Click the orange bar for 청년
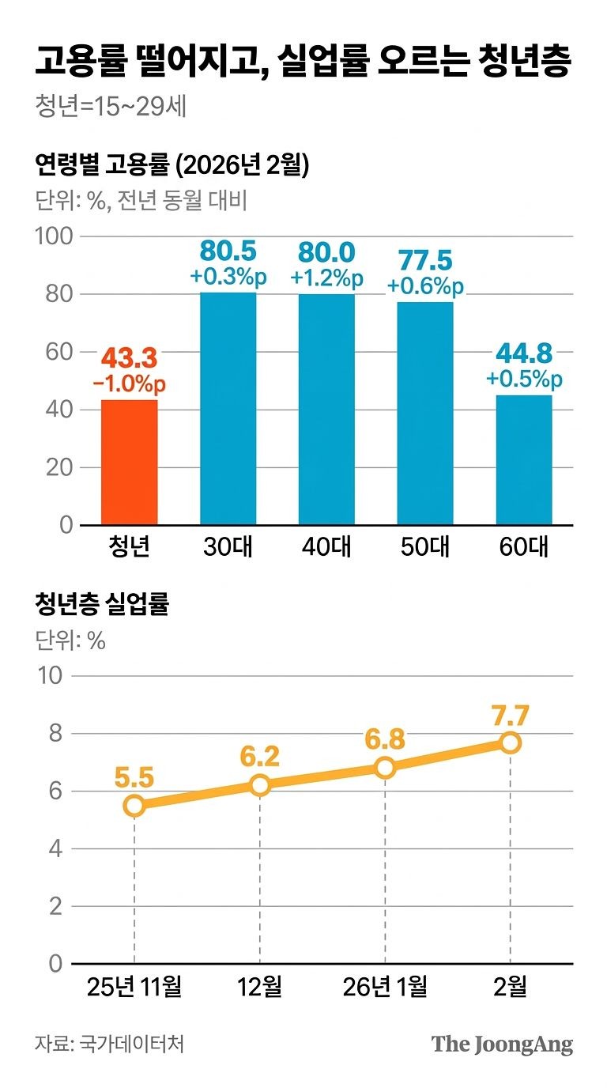[130, 463]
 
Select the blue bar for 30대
[228, 409]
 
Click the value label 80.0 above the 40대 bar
[326, 253]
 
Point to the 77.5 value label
[425, 260]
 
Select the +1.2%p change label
[326, 278]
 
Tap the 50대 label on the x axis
[425, 547]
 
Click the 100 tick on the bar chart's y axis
[55, 236]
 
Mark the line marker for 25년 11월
[134, 806]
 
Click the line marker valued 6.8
[385, 768]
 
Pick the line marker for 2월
[511, 742]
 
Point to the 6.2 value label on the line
[260, 757]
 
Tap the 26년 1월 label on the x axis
[385, 986]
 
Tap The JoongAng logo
[502, 1044]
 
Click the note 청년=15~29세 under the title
[111, 106]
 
